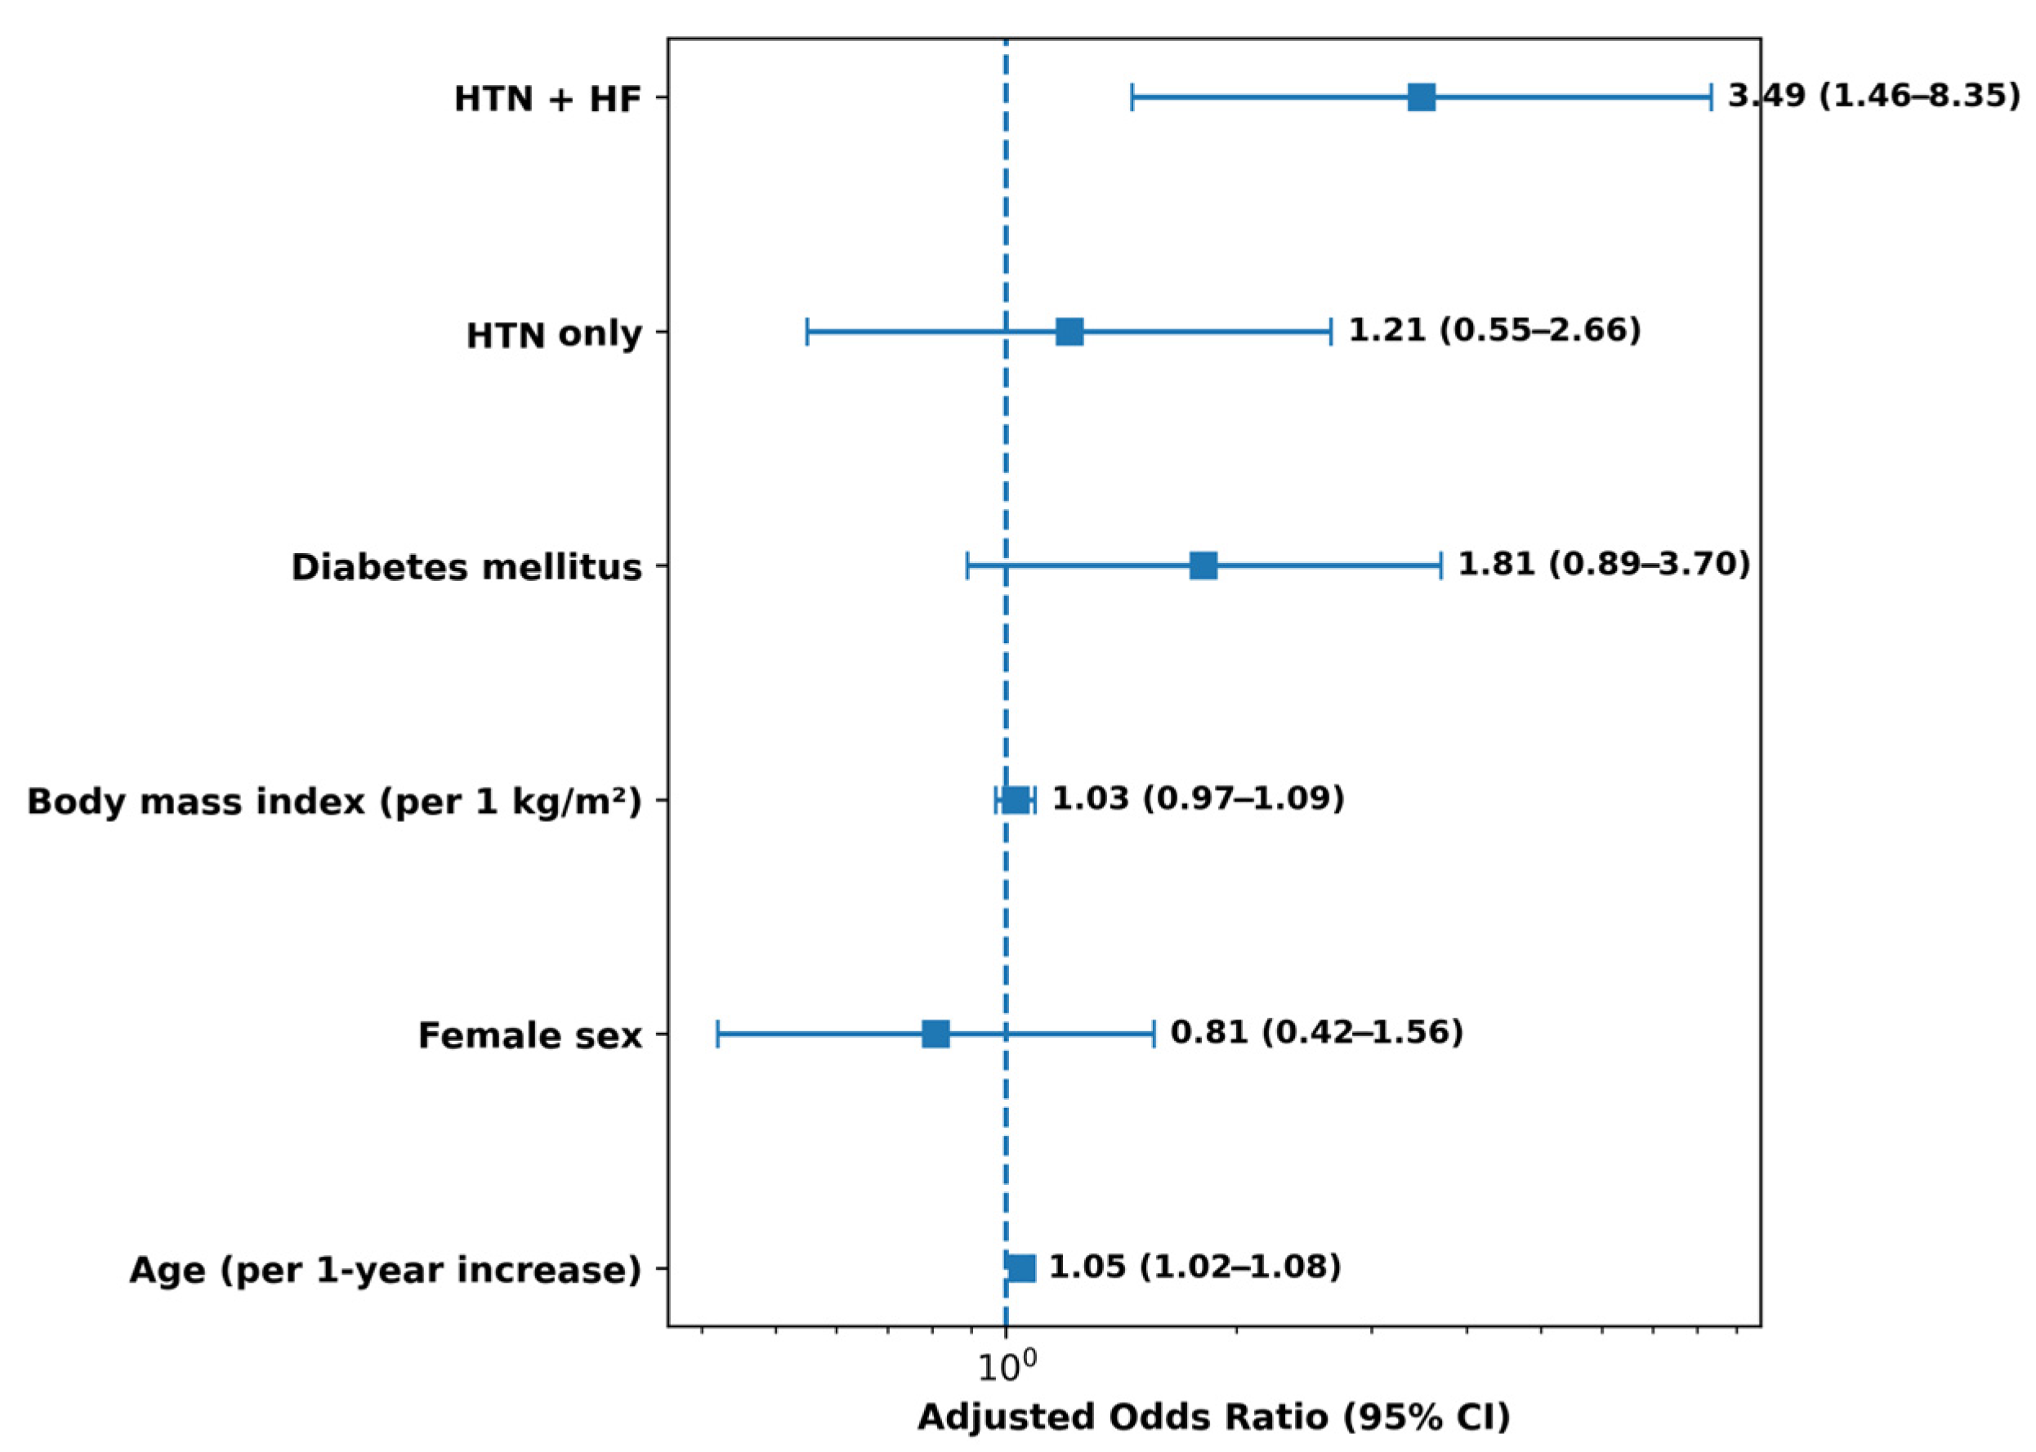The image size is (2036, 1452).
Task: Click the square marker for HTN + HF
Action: [1421, 97]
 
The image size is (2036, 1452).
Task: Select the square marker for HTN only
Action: [1069, 332]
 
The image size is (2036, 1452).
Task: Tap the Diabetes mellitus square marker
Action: [1203, 566]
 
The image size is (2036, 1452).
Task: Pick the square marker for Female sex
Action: [935, 1034]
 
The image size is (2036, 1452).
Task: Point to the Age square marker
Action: [1021, 1269]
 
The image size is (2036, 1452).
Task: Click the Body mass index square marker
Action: [1015, 800]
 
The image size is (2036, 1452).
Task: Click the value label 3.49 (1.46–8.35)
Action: [1873, 96]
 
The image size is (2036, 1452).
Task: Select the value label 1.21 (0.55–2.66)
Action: [1494, 330]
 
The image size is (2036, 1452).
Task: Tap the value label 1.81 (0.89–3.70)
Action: [1605, 564]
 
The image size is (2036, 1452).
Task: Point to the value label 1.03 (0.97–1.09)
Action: [1198, 798]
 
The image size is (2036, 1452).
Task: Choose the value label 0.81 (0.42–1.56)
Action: [1316, 1033]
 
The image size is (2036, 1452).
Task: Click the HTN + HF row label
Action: [548, 99]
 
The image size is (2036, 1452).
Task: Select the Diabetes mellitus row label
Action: [467, 568]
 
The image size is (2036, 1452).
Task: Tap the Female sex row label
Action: [530, 1036]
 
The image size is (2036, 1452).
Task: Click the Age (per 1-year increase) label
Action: [385, 1271]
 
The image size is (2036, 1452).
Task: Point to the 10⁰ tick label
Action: [1007, 1365]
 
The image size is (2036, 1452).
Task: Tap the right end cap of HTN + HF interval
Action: [1711, 97]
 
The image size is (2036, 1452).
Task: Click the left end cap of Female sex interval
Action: [717, 1034]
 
